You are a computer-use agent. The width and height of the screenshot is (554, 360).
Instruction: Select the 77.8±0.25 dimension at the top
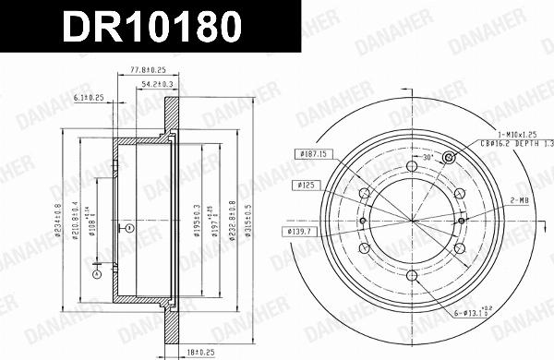pyautogui.click(x=146, y=69)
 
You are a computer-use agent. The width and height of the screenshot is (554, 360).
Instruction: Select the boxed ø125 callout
pyautogui.click(x=307, y=185)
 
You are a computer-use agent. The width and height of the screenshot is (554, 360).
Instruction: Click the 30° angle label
pyautogui.click(x=427, y=159)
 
